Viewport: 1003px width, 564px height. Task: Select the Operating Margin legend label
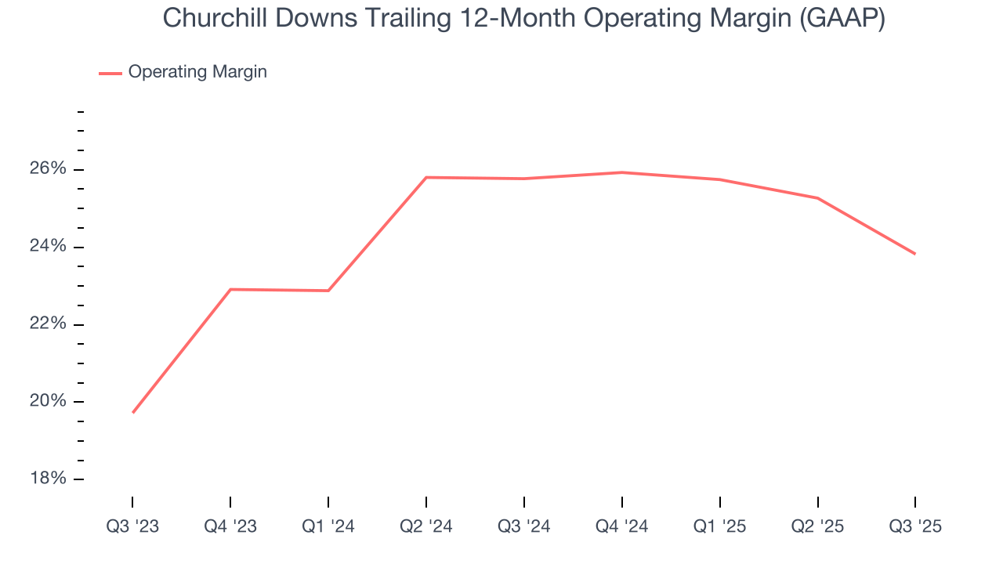click(197, 72)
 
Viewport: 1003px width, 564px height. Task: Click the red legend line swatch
click(110, 73)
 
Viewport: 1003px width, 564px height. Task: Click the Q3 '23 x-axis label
click(132, 526)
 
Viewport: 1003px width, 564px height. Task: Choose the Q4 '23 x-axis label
click(230, 526)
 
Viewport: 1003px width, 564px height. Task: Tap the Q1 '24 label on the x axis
click(328, 526)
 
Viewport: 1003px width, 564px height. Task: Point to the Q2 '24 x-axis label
click(426, 526)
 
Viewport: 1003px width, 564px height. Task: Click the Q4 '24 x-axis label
click(622, 526)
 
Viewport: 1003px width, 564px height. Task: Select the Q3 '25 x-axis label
click(915, 526)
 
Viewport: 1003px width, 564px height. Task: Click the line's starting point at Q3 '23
click(133, 412)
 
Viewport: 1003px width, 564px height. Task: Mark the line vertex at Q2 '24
click(426, 177)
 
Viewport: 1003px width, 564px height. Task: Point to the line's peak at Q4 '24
click(622, 172)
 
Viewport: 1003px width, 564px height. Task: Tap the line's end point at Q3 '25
click(914, 254)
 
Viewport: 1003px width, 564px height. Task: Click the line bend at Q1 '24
click(328, 291)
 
